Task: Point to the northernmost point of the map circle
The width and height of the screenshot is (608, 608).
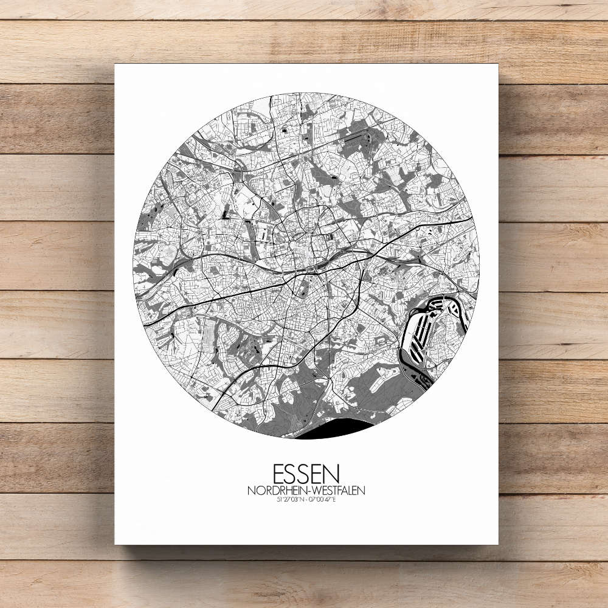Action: [306, 93]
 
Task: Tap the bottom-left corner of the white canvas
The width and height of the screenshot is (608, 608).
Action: [115, 544]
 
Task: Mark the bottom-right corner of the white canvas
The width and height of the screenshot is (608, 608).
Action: [498, 544]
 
